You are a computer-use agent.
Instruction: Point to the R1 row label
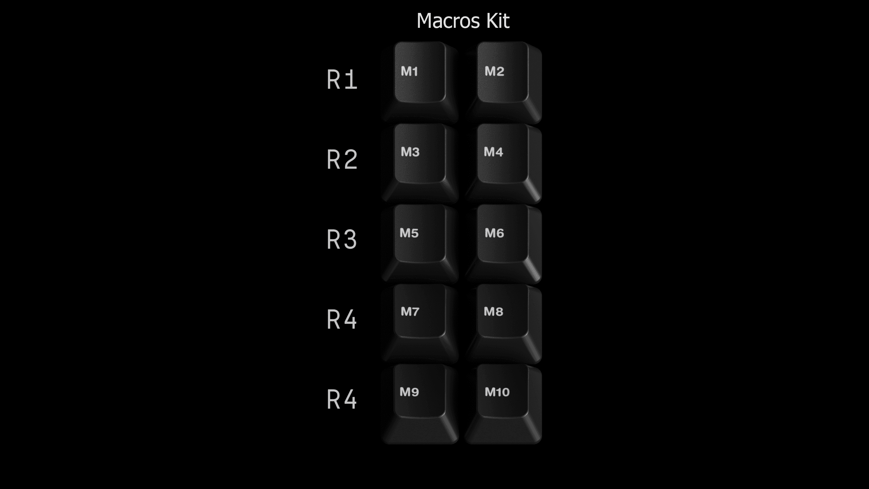click(341, 80)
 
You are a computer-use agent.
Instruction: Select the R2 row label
click(341, 160)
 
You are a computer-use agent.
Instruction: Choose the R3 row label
click(341, 240)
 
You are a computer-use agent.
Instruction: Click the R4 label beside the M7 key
click(341, 320)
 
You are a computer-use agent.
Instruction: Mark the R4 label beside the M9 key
click(341, 400)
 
